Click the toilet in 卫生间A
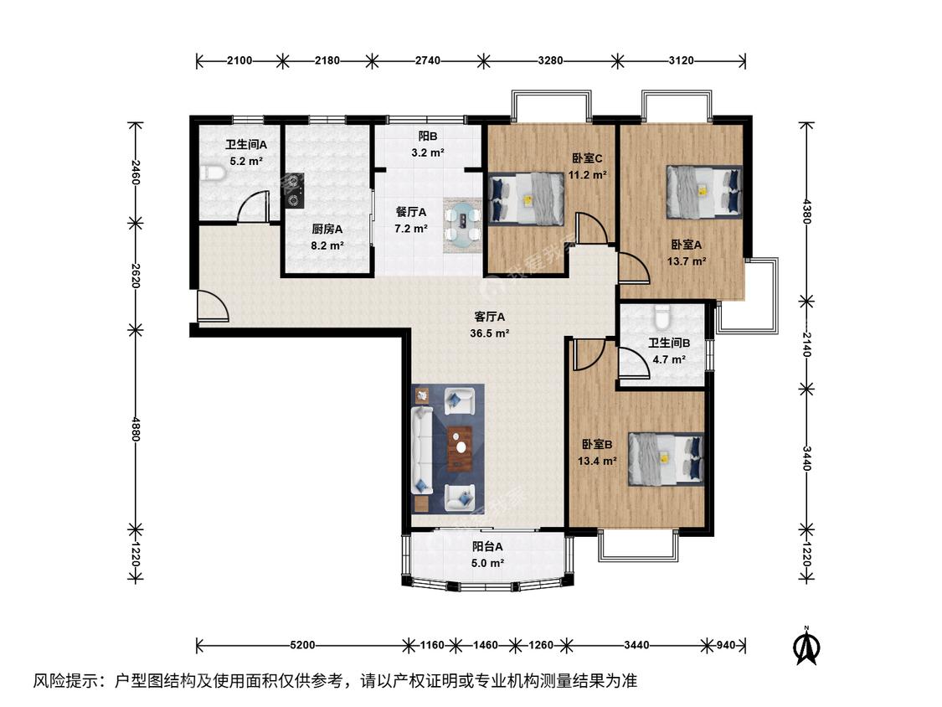212,173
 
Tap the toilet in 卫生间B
662,317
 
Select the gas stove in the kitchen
294,191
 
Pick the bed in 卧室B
666,459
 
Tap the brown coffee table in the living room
461,448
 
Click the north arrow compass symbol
808,645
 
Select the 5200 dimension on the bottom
302,645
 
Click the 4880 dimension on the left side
135,430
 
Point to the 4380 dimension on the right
807,211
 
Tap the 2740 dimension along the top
428,60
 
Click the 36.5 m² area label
490,333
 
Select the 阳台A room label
487,546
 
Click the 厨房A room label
327,229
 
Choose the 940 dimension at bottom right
726,645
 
